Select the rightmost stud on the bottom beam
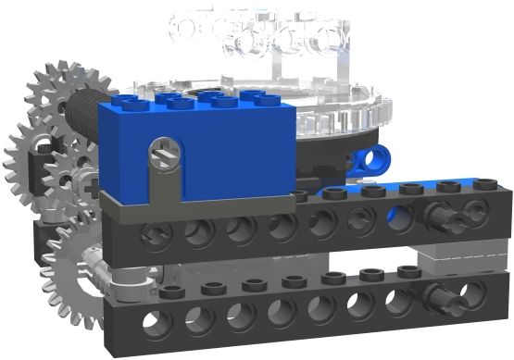pyautogui.click(x=408, y=271)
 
